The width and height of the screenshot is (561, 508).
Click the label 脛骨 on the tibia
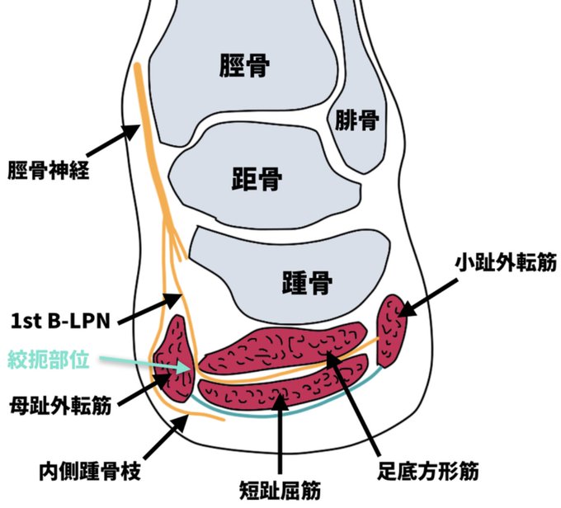pyautogui.click(x=245, y=66)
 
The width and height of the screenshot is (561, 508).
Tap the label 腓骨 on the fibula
pyautogui.click(x=356, y=121)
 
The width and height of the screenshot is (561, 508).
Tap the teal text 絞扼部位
pyautogui.click(x=49, y=360)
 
